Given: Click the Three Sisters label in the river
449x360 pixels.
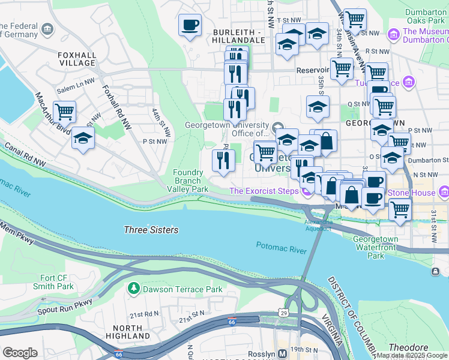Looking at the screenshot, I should tap(151, 230).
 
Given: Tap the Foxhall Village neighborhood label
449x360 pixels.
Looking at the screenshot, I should tap(77, 60).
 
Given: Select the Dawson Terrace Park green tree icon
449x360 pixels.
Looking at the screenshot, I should tap(133, 289).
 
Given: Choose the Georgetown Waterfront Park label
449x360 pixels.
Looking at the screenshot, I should tap(375, 247).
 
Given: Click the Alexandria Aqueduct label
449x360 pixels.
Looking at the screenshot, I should tap(317, 225).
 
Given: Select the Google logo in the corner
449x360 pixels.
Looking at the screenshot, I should tap(20, 353).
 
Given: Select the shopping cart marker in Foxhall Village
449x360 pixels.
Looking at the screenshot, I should tap(64, 112).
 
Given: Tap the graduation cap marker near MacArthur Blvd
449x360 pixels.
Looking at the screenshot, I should tap(83, 139).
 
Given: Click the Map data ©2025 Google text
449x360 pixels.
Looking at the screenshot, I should tap(411, 355).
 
